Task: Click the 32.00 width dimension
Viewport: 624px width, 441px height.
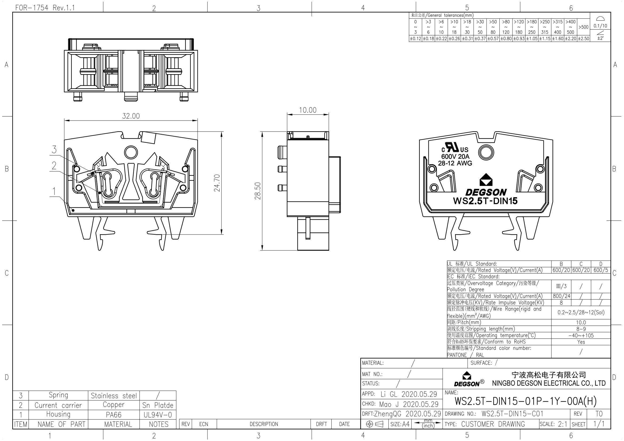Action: click(131, 116)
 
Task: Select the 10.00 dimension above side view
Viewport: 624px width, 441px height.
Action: click(308, 110)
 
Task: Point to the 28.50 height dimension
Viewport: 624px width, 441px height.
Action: click(258, 191)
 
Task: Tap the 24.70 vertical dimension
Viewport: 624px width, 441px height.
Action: click(217, 183)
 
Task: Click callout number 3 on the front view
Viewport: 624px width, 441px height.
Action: click(54, 149)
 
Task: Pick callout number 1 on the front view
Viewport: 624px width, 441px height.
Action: click(54, 191)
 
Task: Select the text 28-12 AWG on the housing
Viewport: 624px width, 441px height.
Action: click(455, 163)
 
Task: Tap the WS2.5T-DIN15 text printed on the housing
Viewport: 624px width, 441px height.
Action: click(485, 201)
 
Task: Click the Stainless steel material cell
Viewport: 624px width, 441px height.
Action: click(114, 396)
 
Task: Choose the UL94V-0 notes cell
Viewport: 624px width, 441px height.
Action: click(158, 415)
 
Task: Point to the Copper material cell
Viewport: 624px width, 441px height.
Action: click(114, 405)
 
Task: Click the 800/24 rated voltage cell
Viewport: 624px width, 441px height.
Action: click(561, 296)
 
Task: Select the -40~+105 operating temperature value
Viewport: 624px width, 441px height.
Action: click(581, 335)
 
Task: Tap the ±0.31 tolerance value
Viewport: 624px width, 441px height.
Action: click(467, 39)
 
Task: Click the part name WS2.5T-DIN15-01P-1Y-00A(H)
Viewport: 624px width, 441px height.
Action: click(526, 401)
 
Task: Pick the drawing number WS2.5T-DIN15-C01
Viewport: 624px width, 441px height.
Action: click(512, 414)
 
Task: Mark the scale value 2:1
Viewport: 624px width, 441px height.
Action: click(562, 424)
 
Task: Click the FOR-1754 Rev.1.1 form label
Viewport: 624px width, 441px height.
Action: click(45, 8)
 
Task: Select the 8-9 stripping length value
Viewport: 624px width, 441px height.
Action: click(581, 329)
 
